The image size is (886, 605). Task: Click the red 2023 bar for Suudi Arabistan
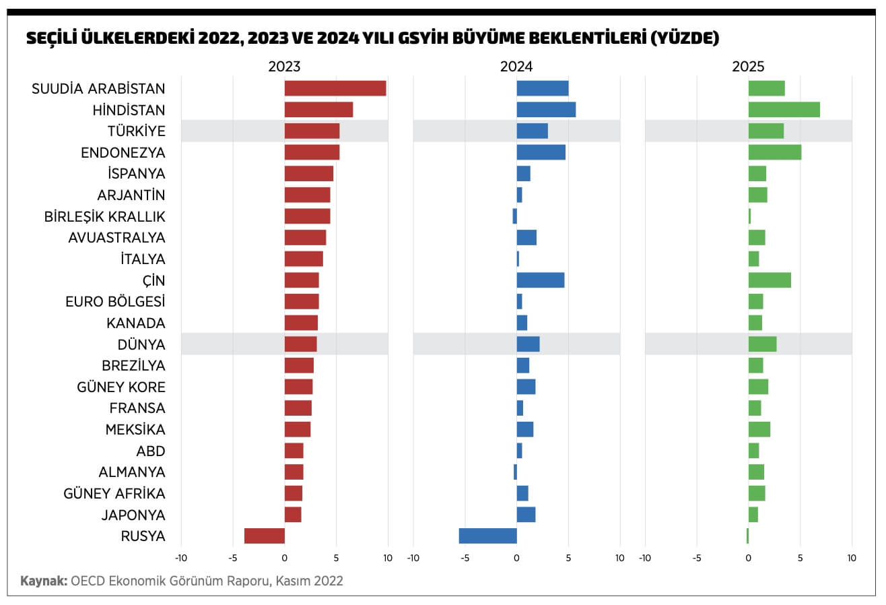click(335, 88)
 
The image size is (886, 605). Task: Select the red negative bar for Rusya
click(265, 536)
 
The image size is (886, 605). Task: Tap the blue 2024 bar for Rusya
click(487, 536)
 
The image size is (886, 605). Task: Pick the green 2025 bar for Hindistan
click(784, 109)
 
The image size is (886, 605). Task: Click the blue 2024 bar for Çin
click(540, 280)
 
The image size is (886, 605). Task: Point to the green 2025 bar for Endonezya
click(774, 152)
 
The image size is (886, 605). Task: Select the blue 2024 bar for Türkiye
click(532, 131)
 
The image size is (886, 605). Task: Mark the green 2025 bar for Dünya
click(762, 344)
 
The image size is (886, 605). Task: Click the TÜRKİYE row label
click(136, 131)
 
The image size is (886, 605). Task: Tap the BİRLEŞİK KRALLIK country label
click(104, 216)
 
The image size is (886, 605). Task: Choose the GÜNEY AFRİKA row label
click(114, 493)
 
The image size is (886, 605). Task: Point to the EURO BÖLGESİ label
click(115, 301)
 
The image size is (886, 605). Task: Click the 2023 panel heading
click(284, 67)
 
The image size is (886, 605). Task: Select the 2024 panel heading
click(516, 67)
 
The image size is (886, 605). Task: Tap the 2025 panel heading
click(748, 67)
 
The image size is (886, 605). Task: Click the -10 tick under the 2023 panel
click(180, 558)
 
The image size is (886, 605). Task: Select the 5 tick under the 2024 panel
click(568, 558)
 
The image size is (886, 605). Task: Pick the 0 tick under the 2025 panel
click(748, 558)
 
